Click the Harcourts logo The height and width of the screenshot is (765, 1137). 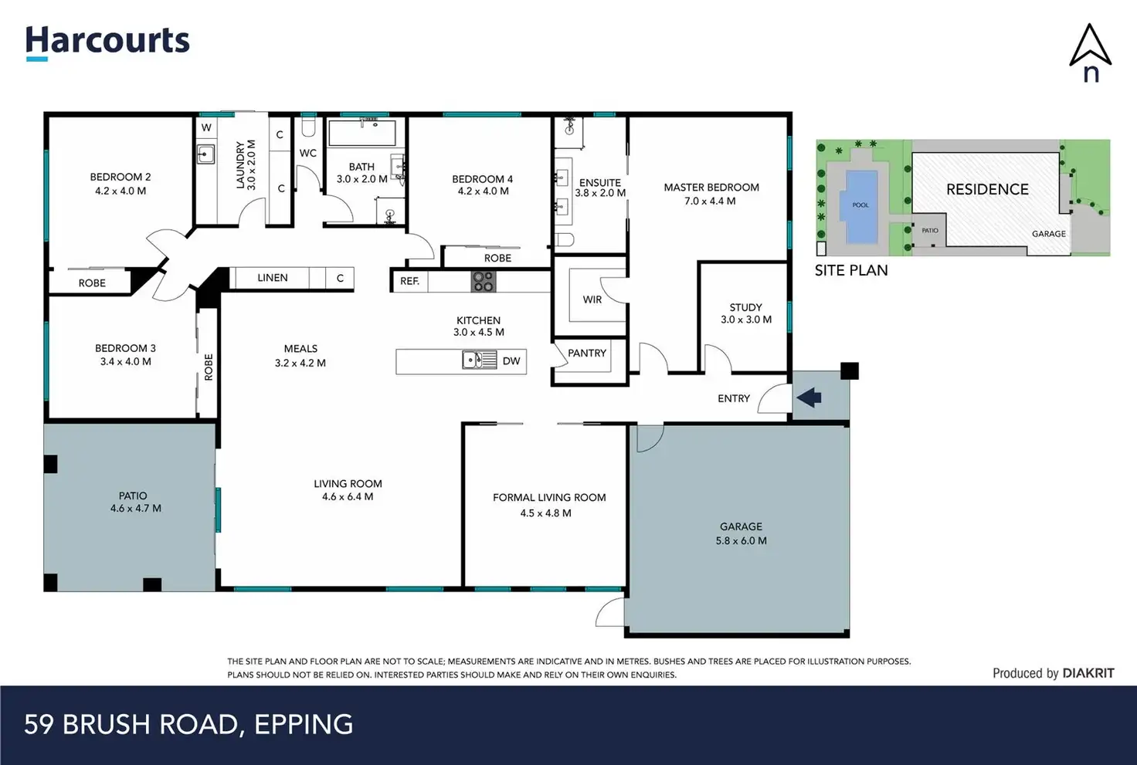[107, 43]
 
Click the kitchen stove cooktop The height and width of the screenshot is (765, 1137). [484, 282]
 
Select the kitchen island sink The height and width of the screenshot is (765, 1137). [479, 360]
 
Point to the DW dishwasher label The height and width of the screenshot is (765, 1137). [511, 361]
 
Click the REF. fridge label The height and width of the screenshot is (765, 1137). [409, 281]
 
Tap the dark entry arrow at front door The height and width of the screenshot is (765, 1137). [809, 398]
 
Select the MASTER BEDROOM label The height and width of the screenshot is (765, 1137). [711, 187]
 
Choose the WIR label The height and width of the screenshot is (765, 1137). [592, 300]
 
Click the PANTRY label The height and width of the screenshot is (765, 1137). [587, 353]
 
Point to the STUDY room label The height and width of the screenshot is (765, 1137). [745, 307]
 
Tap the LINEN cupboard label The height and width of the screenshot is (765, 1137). [273, 278]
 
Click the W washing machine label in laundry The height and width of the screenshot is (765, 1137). [206, 127]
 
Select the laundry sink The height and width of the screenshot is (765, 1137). [205, 154]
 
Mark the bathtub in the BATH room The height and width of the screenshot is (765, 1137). [362, 134]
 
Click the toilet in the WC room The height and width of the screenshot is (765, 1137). [308, 128]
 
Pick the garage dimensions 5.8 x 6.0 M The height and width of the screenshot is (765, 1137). [741, 541]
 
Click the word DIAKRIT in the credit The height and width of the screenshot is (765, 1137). [1088, 673]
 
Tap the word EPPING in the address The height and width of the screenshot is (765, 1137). [304, 724]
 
